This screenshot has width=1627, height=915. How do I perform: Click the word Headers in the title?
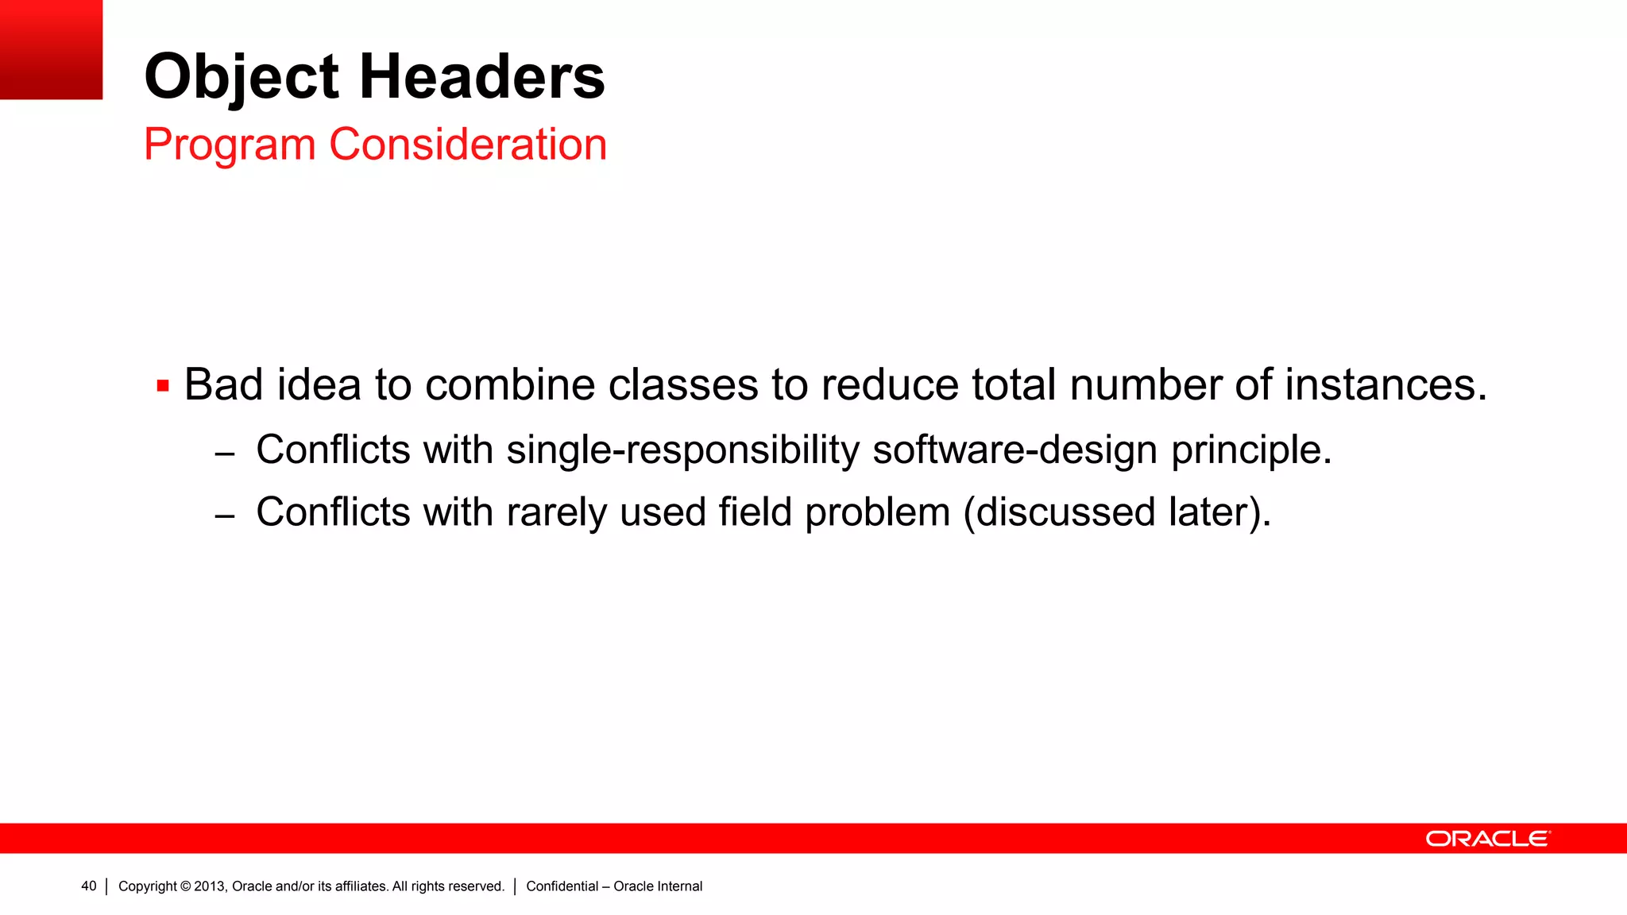[x=482, y=77]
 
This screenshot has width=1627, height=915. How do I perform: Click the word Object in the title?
[x=242, y=77]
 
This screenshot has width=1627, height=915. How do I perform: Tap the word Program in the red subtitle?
[x=230, y=145]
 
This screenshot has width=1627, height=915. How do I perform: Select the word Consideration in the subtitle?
[x=468, y=145]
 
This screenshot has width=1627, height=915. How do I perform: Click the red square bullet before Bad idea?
[x=163, y=387]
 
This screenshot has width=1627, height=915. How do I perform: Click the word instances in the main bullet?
[x=1385, y=385]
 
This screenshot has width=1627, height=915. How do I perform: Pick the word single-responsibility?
[x=682, y=450]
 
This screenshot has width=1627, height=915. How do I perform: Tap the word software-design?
[x=1014, y=450]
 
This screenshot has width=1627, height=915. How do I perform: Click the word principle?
[x=1251, y=450]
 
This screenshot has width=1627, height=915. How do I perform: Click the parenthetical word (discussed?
[x=1060, y=512]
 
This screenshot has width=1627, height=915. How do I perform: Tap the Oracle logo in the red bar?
[x=1487, y=839]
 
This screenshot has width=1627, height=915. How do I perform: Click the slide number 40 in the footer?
[x=88, y=886]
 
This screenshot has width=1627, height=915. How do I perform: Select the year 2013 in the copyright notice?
[x=210, y=886]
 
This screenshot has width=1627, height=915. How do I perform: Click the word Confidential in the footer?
[x=562, y=886]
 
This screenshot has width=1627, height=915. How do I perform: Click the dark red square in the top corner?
[x=51, y=49]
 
